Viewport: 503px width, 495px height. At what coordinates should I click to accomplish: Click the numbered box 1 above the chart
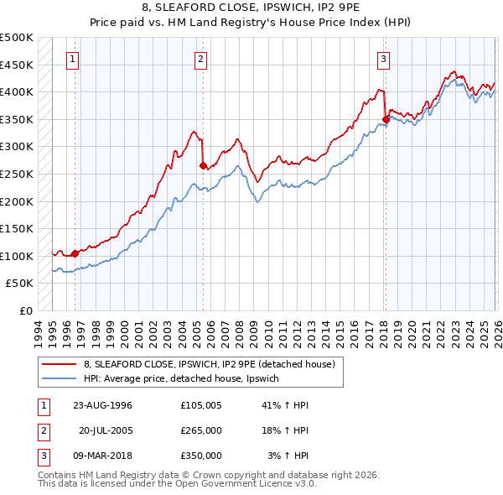pyautogui.click(x=74, y=59)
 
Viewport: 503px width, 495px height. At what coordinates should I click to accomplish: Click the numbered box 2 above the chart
pyautogui.click(x=202, y=59)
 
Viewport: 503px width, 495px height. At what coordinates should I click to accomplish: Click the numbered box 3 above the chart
pyautogui.click(x=383, y=59)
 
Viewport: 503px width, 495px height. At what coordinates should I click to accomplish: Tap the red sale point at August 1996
pyautogui.click(x=75, y=253)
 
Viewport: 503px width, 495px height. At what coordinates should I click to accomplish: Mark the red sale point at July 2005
pyautogui.click(x=203, y=165)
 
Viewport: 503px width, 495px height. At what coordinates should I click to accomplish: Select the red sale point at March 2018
pyautogui.click(x=386, y=119)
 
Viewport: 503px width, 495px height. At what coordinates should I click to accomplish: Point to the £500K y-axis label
pyautogui.click(x=17, y=38)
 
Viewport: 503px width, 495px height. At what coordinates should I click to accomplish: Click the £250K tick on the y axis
pyautogui.click(x=17, y=174)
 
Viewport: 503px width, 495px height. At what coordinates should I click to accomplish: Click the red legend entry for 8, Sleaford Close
pyautogui.click(x=210, y=364)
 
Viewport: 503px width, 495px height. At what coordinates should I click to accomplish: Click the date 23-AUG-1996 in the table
pyautogui.click(x=103, y=405)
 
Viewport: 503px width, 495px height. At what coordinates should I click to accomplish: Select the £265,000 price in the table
pyautogui.click(x=201, y=430)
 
